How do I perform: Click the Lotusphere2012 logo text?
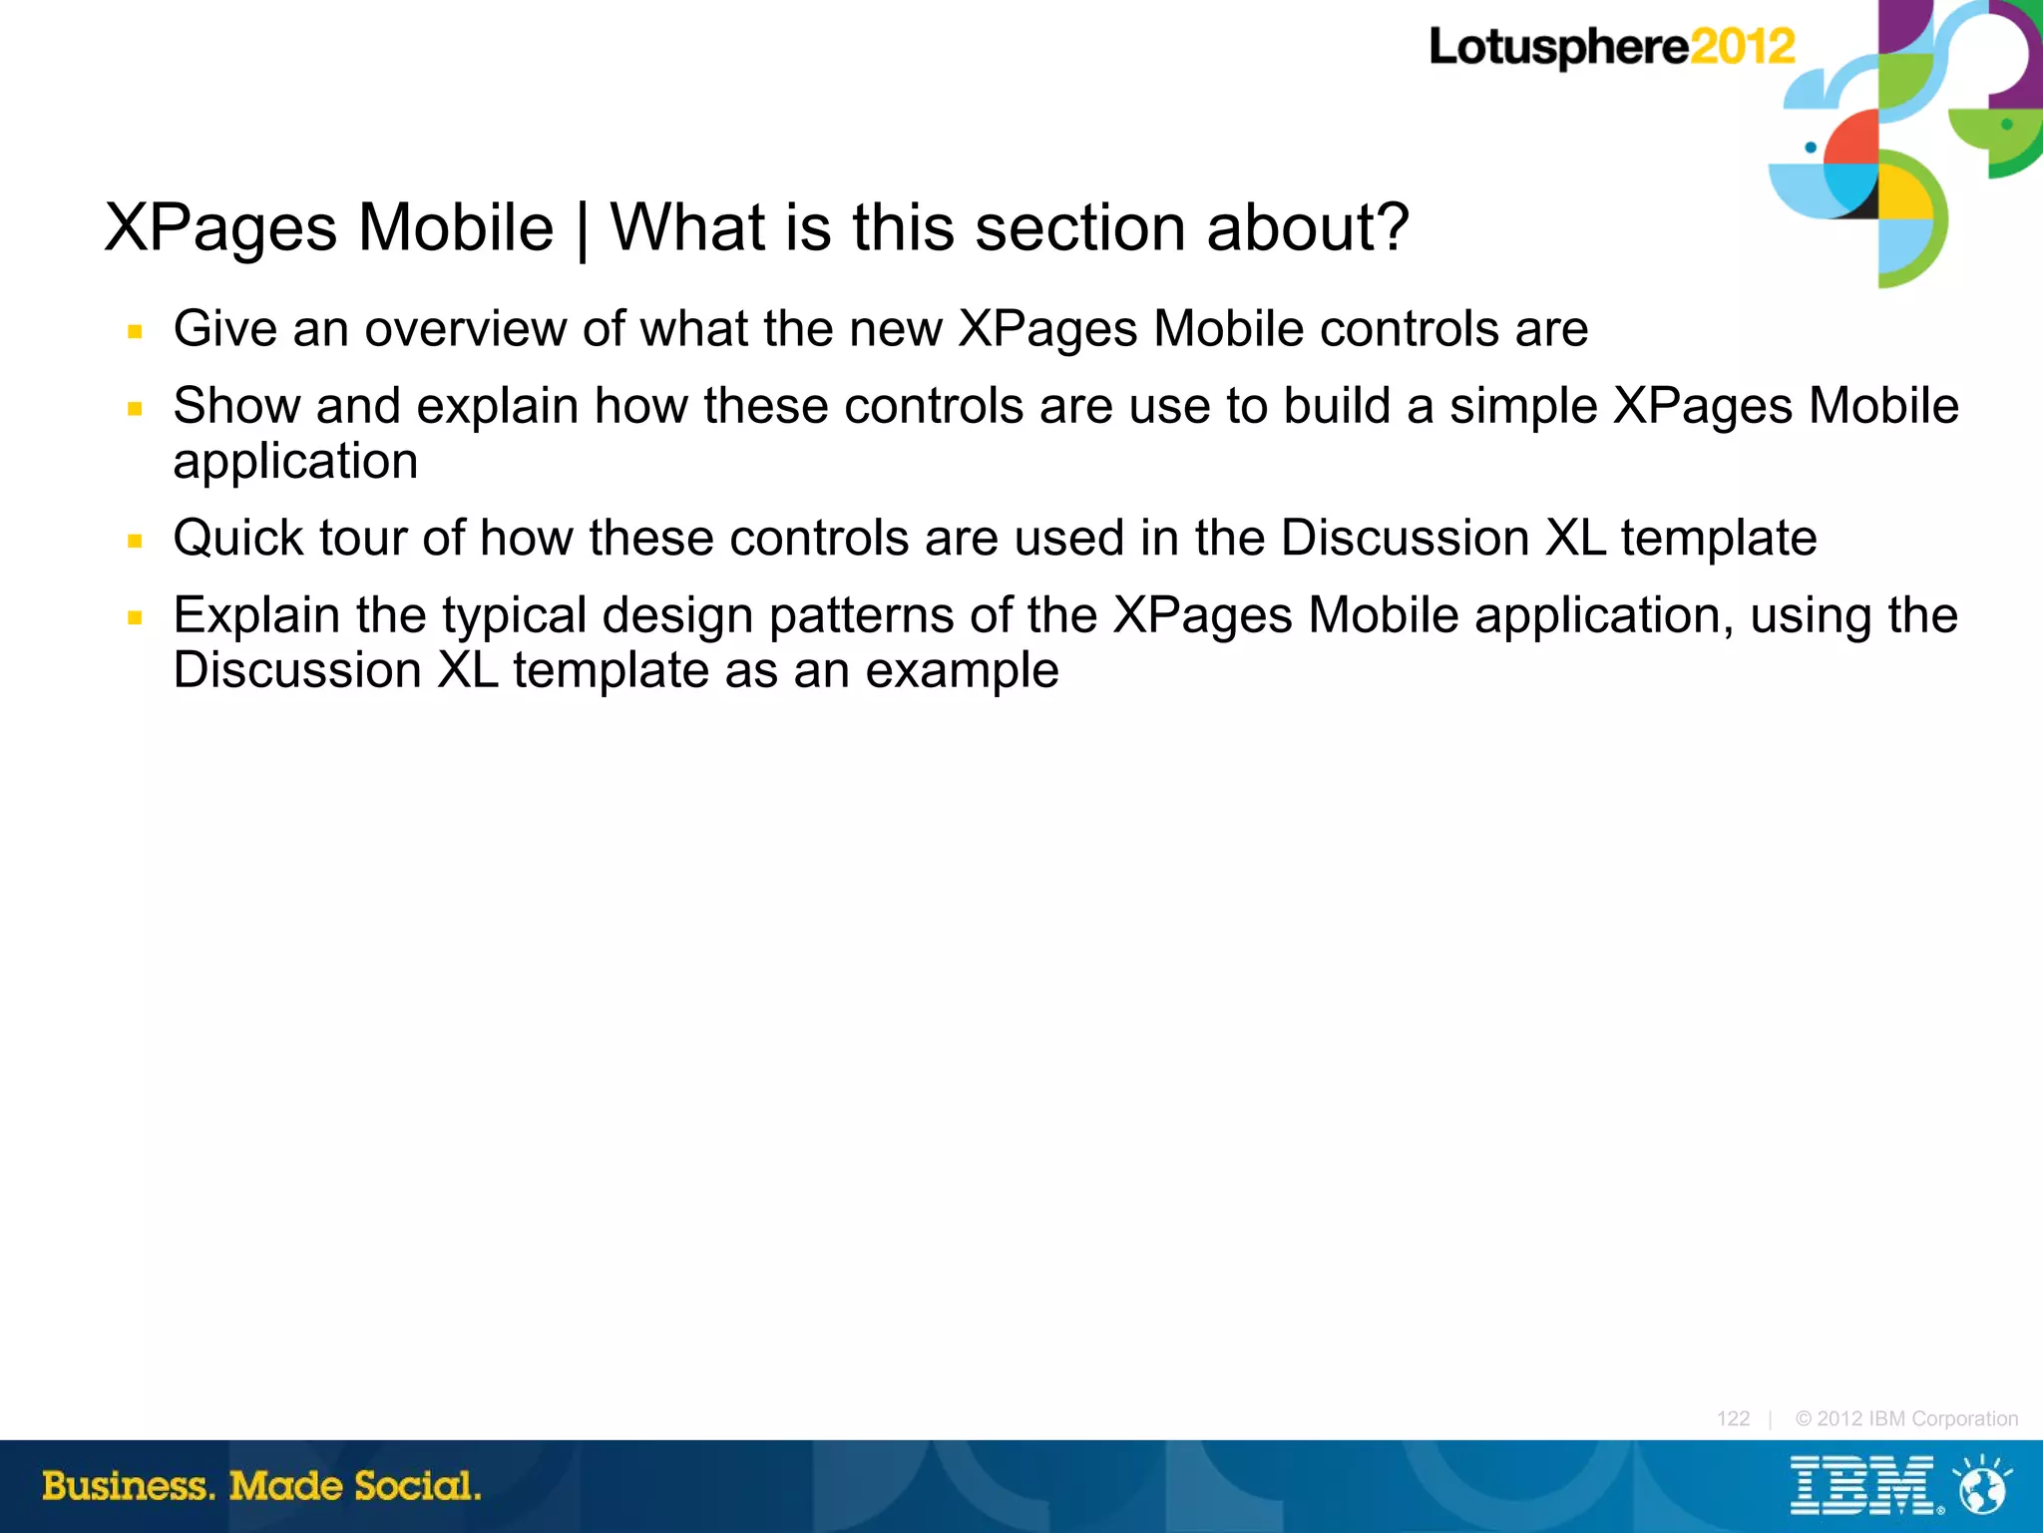point(1611,47)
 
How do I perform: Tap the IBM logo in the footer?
point(1862,1485)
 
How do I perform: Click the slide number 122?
point(1733,1418)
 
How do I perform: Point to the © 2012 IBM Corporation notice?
point(1906,1418)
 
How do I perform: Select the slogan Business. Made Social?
point(261,1486)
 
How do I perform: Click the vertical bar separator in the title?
point(582,229)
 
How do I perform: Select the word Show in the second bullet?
point(237,406)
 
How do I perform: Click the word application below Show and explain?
point(295,462)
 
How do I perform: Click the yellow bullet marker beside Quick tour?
point(136,542)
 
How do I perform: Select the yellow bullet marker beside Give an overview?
point(136,332)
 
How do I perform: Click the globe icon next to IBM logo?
point(1983,1486)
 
